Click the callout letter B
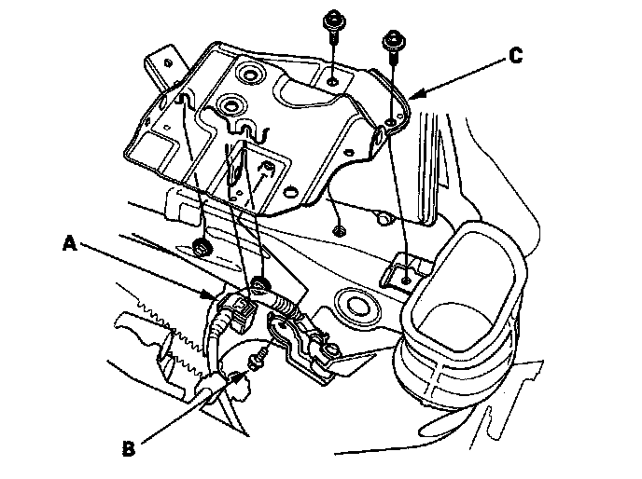coord(130,446)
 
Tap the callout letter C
coord(515,56)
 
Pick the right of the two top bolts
coord(393,41)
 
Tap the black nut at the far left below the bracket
coord(202,248)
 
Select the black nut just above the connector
coord(259,283)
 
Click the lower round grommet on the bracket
coord(230,104)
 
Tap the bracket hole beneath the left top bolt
coord(334,82)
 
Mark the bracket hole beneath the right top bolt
coord(389,122)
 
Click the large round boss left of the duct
coord(356,303)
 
